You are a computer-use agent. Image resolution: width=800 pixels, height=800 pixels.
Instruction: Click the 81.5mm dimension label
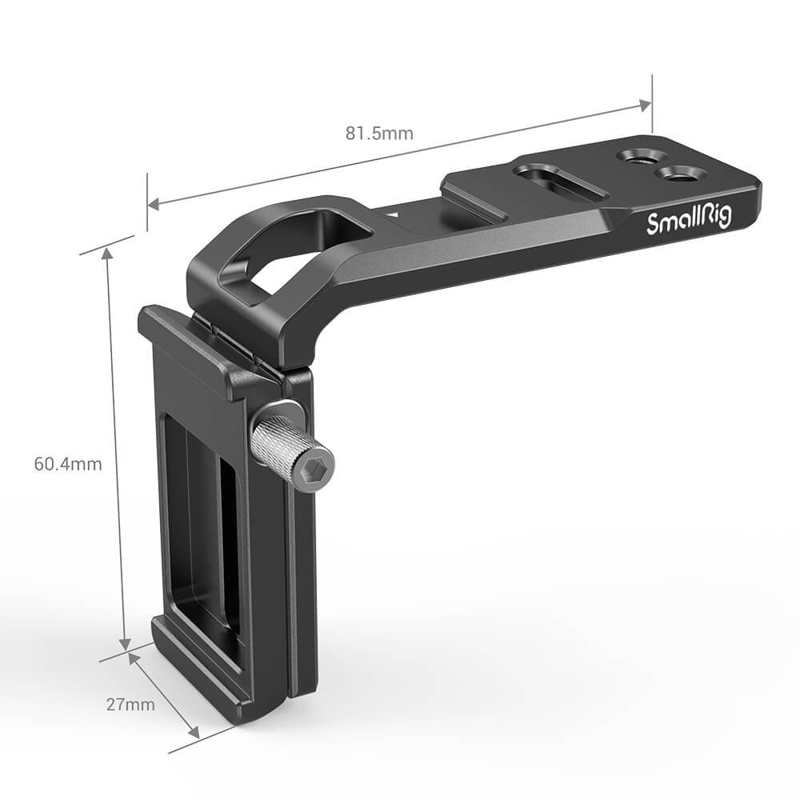379,133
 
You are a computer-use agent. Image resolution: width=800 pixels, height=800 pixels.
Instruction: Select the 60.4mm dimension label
68,464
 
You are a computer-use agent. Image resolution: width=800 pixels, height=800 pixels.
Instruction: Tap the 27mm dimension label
130,705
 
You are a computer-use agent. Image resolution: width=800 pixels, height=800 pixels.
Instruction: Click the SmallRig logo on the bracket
689,221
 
